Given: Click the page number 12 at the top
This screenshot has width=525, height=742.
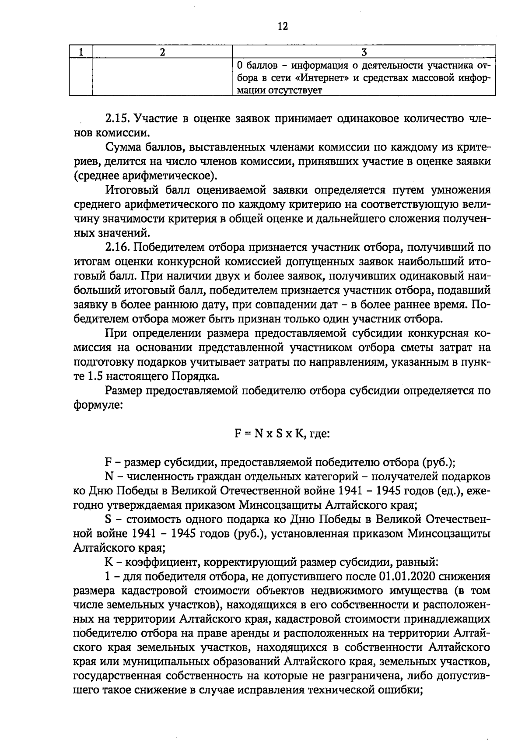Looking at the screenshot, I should (283, 26).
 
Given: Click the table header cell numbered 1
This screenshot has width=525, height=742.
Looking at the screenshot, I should (81, 52).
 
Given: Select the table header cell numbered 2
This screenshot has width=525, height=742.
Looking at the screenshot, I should (162, 52).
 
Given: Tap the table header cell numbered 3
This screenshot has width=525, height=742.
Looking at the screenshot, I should (364, 52).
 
